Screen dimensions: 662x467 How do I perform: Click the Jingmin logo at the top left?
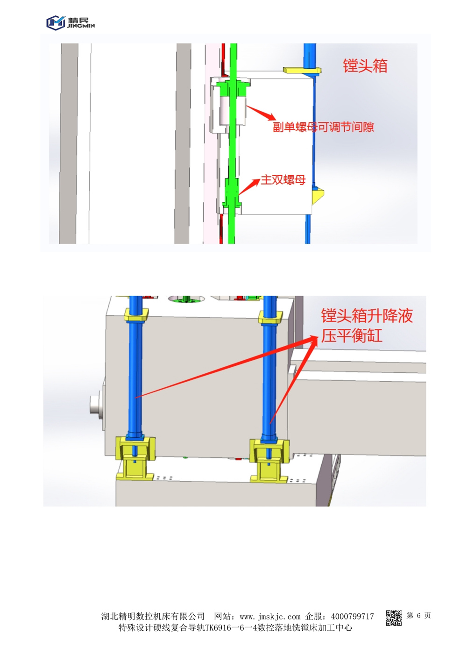coord(70,22)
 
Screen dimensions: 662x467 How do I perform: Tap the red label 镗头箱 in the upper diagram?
coord(365,66)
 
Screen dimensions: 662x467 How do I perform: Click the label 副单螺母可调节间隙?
coord(323,127)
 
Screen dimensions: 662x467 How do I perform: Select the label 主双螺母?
coord(283,180)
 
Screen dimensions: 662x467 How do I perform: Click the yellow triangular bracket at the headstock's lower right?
coord(318,195)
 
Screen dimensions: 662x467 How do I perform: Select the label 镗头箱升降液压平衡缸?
coord(366,326)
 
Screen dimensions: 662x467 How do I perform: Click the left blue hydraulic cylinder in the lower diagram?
coord(134,374)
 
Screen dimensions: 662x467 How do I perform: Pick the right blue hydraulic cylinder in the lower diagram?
coord(269,374)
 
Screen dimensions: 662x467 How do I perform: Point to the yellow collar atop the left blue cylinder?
coord(135,315)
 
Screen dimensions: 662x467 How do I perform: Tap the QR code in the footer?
coord(394,618)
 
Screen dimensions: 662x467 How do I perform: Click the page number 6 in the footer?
coord(418,616)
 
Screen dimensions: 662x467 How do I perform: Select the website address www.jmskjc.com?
coord(270,617)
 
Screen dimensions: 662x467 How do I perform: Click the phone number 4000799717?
coord(353,617)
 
